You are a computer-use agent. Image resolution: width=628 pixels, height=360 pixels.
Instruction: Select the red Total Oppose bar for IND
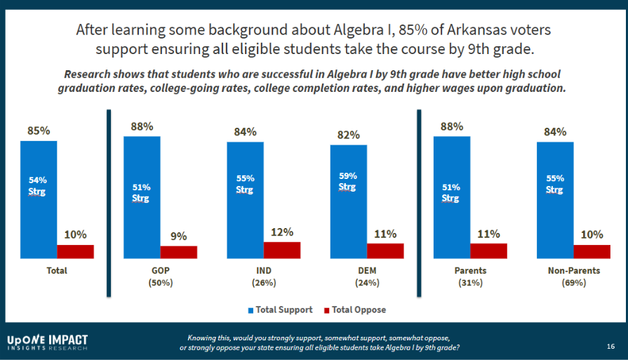click(282, 250)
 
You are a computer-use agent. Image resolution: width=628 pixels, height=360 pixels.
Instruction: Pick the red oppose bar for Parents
click(488, 251)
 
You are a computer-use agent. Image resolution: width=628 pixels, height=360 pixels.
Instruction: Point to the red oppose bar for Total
click(75, 251)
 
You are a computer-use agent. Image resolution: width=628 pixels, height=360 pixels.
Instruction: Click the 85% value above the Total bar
click(39, 131)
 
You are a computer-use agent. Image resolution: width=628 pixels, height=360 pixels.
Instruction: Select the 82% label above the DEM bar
click(349, 135)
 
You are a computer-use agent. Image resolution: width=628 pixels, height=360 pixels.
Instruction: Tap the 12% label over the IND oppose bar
click(282, 232)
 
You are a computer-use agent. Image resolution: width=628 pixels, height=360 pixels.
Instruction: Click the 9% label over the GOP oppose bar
click(178, 236)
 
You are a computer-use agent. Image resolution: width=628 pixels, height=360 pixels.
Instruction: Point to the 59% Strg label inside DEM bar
click(348, 181)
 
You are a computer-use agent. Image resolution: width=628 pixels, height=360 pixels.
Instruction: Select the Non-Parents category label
click(573, 270)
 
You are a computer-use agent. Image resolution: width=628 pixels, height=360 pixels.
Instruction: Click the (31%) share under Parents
click(470, 283)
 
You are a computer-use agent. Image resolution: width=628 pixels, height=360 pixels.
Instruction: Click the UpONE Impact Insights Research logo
click(48, 342)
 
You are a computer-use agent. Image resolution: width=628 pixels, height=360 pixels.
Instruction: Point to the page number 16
click(610, 346)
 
